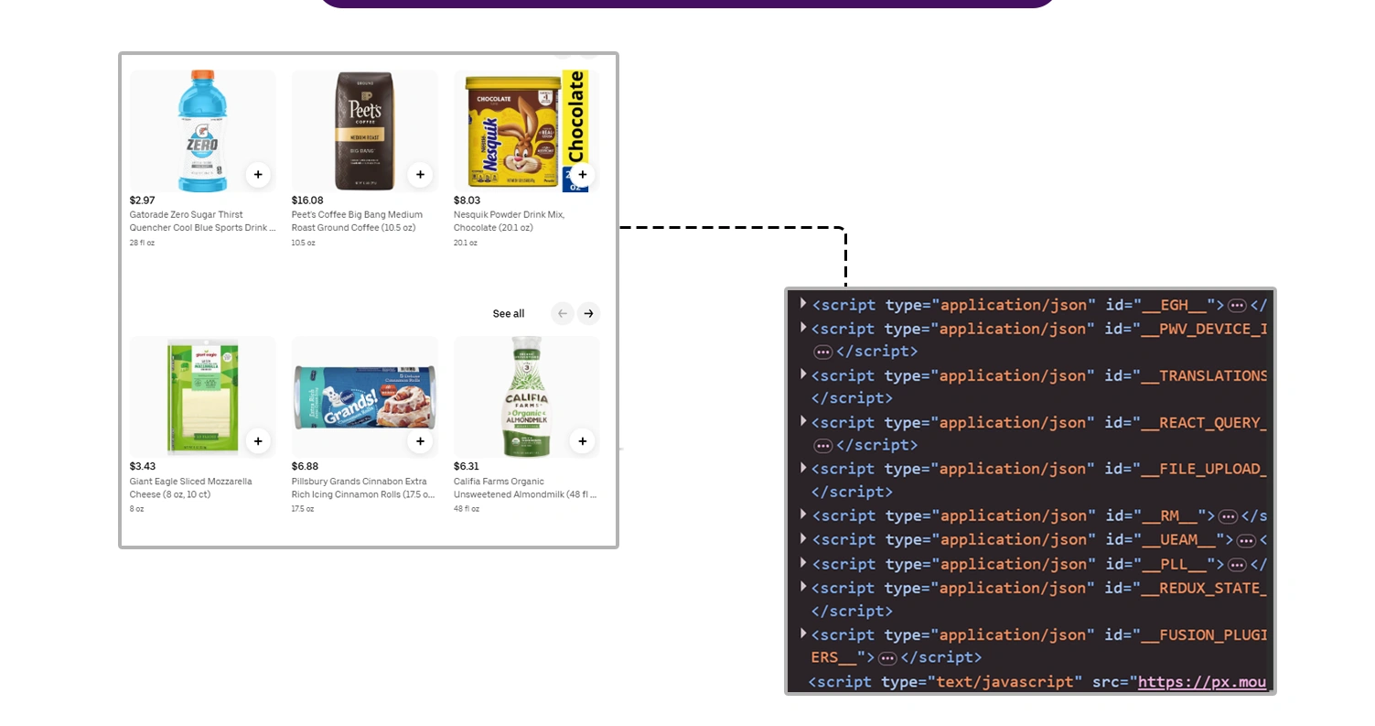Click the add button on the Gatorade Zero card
[258, 174]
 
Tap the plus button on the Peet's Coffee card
[420, 174]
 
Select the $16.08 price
[307, 200]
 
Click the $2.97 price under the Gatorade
[142, 200]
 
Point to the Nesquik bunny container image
[512, 131]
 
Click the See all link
[508, 314]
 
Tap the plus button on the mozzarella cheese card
[258, 441]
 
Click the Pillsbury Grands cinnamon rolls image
[364, 397]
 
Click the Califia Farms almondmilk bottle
[526, 397]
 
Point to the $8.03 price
[467, 200]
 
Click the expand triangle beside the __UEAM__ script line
[803, 539]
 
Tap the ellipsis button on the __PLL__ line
[1237, 565]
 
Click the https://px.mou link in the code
[1202, 682]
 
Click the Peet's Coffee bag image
[364, 131]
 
